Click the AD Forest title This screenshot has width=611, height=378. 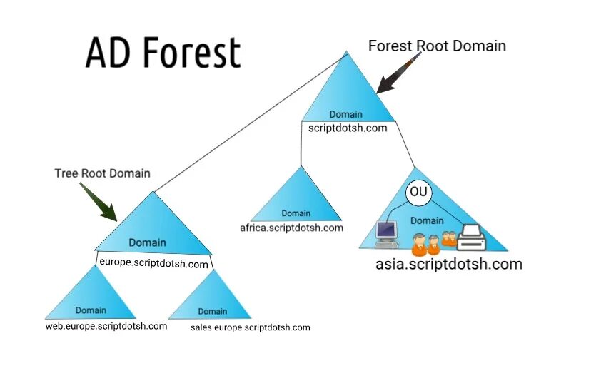[x=163, y=53]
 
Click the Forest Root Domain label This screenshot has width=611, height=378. [x=437, y=46]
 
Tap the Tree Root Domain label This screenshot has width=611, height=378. [x=102, y=173]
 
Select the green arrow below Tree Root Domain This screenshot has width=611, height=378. [x=99, y=203]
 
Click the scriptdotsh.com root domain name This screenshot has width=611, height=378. [x=348, y=128]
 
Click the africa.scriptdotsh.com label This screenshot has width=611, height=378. [x=291, y=228]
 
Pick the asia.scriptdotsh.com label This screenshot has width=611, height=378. [x=449, y=264]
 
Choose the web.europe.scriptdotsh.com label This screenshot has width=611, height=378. [x=106, y=326]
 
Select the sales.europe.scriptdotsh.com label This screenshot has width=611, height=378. [x=251, y=327]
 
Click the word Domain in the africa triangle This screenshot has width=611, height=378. [x=296, y=213]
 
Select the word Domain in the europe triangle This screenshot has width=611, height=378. [x=147, y=242]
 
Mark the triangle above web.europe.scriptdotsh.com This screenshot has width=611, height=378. [x=91, y=296]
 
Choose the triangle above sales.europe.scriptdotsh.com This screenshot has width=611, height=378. [x=212, y=298]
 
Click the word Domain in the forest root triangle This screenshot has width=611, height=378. [x=345, y=114]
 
